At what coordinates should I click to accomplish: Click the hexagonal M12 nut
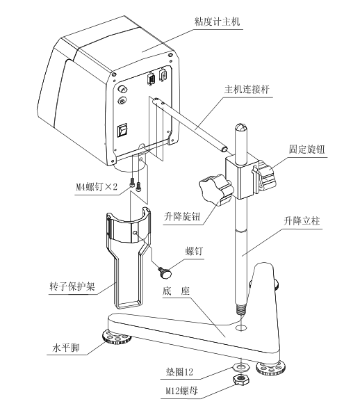[239, 379]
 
